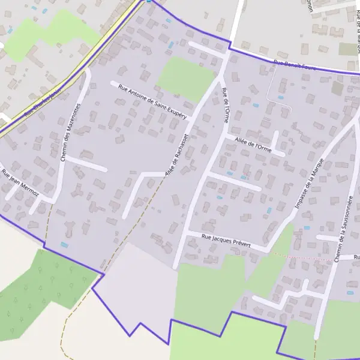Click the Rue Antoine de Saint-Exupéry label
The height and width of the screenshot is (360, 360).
click(153, 100)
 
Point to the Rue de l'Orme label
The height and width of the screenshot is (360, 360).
click(225, 106)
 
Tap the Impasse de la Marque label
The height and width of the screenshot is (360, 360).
click(310, 185)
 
